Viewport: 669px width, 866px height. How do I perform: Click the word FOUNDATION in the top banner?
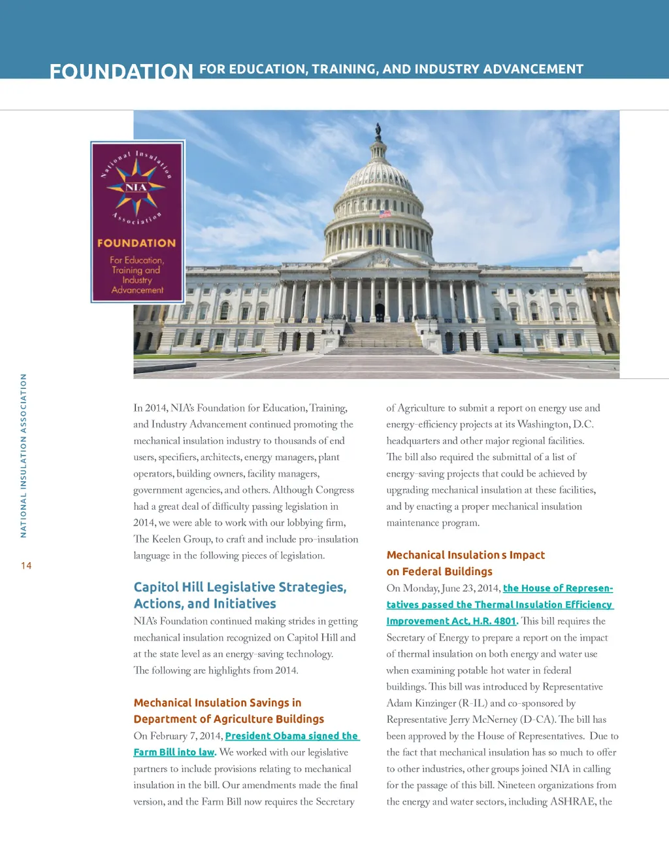pos(121,71)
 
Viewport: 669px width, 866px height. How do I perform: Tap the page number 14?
pos(26,566)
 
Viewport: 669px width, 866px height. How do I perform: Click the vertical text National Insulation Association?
pos(24,456)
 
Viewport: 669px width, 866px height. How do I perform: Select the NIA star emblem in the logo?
pos(137,188)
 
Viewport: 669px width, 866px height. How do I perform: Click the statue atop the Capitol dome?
pos(378,131)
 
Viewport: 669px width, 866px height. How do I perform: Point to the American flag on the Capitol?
pos(385,213)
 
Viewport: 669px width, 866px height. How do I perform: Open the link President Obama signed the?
pos(291,736)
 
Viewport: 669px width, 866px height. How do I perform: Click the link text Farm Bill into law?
pos(174,752)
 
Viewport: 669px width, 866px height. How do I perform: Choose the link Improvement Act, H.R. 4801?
pos(451,621)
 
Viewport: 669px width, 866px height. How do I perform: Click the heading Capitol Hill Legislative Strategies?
pos(240,587)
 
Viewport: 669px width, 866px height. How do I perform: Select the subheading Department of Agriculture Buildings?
pos(229,719)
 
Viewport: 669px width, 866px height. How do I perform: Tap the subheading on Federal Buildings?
pos(439,571)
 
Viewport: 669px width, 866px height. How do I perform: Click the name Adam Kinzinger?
pos(417,703)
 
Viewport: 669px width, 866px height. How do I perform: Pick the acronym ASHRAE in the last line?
pos(573,802)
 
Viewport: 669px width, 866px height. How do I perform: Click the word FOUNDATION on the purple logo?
pos(137,243)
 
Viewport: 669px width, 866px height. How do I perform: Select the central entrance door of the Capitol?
pos(380,312)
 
